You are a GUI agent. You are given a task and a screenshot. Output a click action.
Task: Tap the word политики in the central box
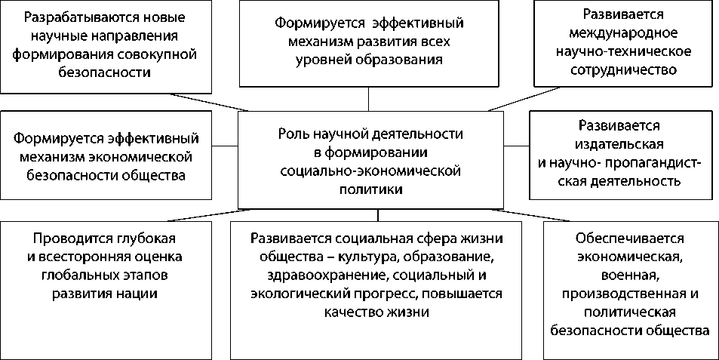(370, 189)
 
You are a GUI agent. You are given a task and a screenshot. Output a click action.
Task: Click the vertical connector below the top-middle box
(369, 99)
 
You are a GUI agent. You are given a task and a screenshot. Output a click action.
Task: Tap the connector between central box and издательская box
(517, 144)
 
